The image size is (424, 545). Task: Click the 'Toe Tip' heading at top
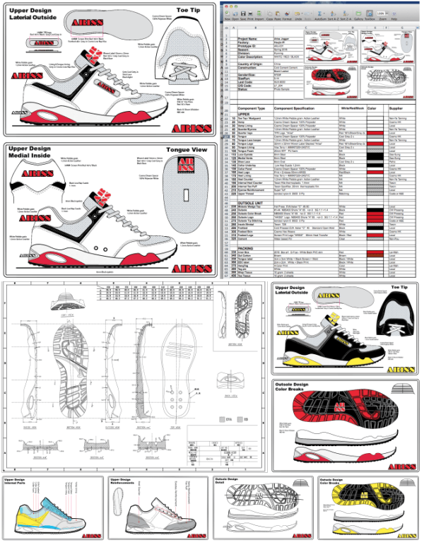coord(187,11)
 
